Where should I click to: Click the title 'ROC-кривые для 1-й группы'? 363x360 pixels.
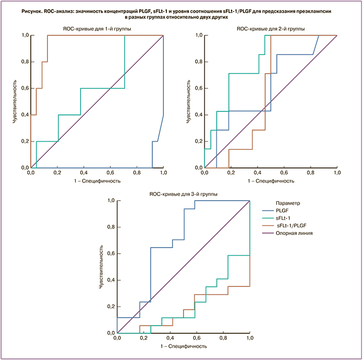click(x=98, y=29)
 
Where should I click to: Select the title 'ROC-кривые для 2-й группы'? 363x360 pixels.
click(x=270, y=29)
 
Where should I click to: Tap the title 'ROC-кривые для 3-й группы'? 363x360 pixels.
click(x=183, y=194)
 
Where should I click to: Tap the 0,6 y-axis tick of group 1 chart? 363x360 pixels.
click(x=24, y=88)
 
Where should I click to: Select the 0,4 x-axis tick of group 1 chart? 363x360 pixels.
click(x=84, y=173)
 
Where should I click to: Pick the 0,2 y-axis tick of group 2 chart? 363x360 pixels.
click(x=198, y=141)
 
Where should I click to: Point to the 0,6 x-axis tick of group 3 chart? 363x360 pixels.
click(x=197, y=339)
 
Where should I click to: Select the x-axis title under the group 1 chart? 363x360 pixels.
click(x=97, y=181)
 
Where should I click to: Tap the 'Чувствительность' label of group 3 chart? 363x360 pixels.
click(x=100, y=267)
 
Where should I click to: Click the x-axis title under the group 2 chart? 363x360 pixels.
click(x=270, y=181)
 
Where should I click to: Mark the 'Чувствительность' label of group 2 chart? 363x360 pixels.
click(x=188, y=101)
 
